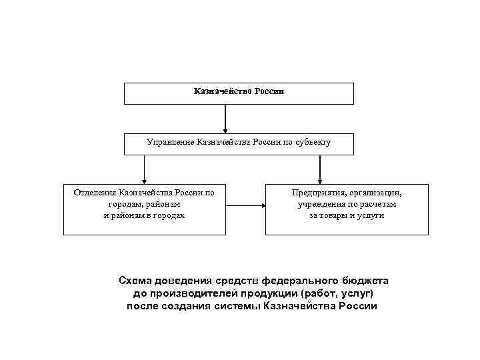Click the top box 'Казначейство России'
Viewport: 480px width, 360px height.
click(239, 93)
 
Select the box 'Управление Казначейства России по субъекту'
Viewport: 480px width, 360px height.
click(239, 144)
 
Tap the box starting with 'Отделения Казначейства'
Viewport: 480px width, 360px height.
click(144, 209)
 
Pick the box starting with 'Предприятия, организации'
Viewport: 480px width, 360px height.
click(347, 209)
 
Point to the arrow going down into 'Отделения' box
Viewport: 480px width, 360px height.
click(144, 169)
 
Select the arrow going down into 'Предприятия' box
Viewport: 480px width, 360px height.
click(321, 169)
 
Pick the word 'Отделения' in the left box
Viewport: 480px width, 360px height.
click(95, 193)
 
